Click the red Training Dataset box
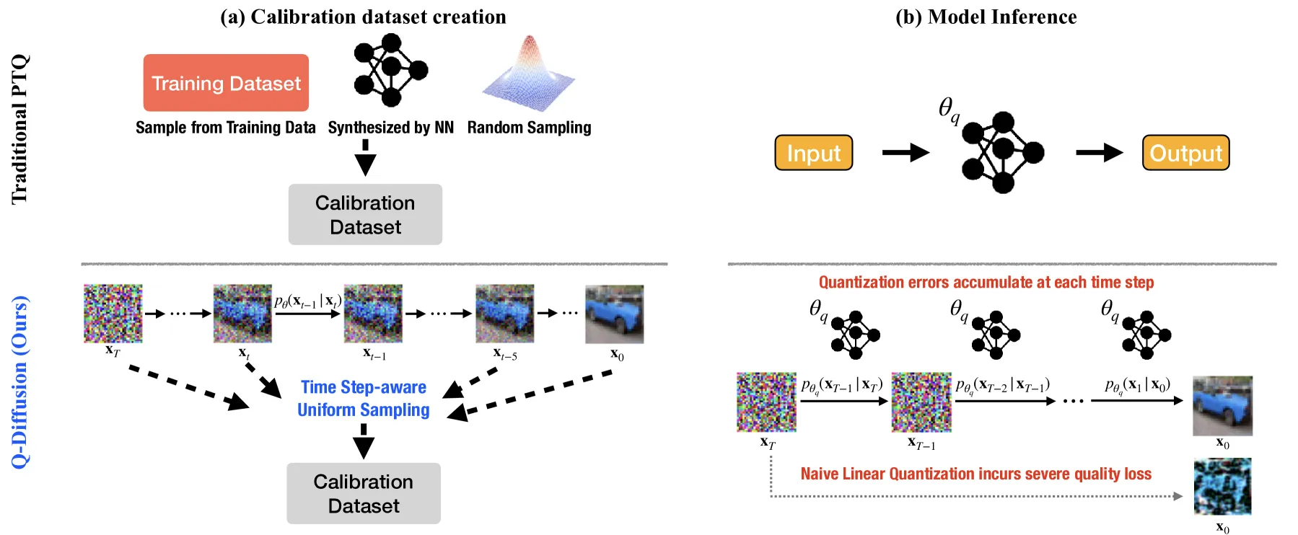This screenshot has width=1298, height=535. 226,83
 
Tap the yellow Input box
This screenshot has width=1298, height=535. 814,153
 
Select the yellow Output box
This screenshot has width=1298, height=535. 1185,153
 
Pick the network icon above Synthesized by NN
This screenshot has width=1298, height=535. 390,71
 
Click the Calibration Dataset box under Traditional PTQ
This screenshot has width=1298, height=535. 365,214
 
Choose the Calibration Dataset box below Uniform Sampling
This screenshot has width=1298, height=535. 364,493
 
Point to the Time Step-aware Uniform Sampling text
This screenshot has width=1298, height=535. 364,399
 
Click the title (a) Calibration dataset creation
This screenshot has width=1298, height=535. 363,17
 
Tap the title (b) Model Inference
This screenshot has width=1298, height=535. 986,17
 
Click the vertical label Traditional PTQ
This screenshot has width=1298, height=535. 19,129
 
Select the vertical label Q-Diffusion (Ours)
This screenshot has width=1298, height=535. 20,382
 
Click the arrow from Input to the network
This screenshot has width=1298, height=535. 906,153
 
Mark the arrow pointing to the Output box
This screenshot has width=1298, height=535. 1100,153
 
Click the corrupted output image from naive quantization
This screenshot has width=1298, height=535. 1222,486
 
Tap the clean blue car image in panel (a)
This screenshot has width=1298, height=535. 614,314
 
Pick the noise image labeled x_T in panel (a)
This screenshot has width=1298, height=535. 113,314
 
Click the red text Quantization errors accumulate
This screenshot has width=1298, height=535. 986,282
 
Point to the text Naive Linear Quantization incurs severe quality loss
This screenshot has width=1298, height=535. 975,474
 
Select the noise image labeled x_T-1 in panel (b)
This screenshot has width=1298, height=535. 921,402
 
